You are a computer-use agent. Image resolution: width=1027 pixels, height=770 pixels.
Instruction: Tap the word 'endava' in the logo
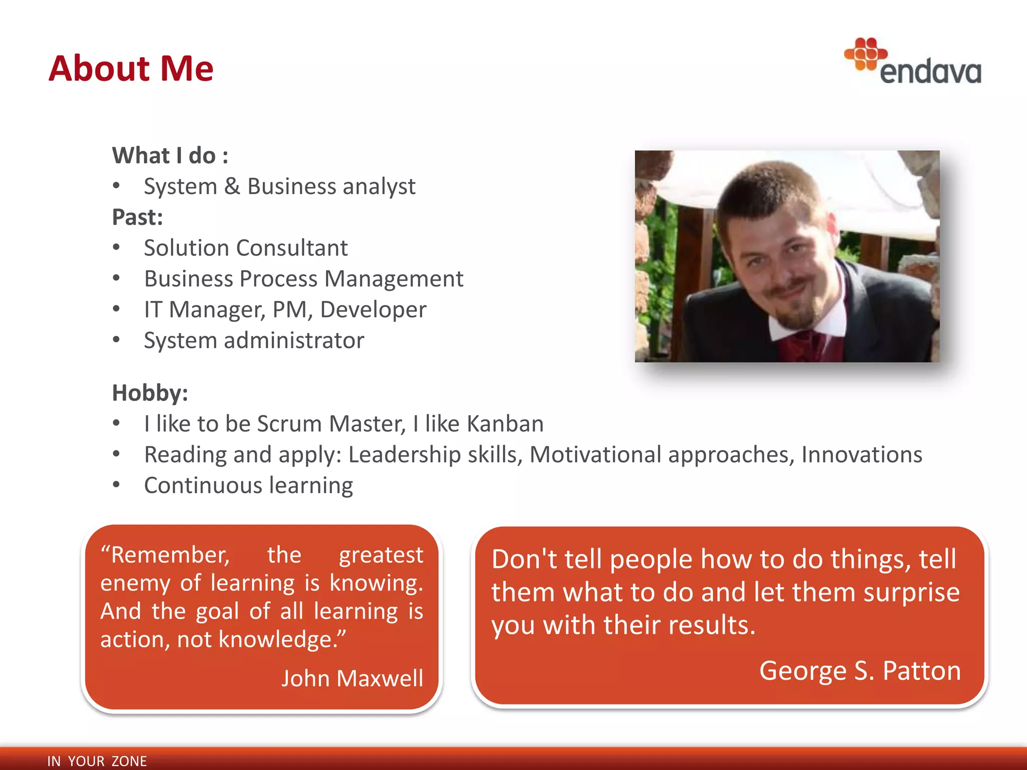tap(931, 72)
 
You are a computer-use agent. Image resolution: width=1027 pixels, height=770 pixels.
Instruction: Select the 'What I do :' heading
tap(170, 155)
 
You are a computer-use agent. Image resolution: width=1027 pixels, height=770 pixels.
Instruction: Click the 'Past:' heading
tap(137, 217)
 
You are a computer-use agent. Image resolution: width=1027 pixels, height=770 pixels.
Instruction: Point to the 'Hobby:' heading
tap(150, 393)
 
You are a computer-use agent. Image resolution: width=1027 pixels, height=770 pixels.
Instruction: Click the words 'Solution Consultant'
tap(246, 248)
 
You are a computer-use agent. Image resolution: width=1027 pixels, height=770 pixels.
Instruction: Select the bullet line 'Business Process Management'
tap(303, 279)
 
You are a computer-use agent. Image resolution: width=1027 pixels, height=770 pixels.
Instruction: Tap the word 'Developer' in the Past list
tap(373, 309)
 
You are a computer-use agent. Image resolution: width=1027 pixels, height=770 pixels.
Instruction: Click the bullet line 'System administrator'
tap(254, 340)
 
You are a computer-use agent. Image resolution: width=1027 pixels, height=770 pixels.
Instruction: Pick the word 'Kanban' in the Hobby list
tap(505, 424)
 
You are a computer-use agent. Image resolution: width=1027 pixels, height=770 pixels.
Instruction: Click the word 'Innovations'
tap(862, 455)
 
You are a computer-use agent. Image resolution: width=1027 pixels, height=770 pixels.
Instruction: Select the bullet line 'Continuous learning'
tap(248, 485)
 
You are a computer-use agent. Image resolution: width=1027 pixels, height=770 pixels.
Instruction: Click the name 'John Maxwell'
tap(352, 678)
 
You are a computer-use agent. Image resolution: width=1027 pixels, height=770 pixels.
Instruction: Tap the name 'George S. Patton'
tap(860, 671)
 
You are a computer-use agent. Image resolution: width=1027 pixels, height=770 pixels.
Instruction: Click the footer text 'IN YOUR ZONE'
tap(97, 761)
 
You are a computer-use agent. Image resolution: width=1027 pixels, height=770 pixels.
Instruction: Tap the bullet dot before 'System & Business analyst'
tap(116, 186)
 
